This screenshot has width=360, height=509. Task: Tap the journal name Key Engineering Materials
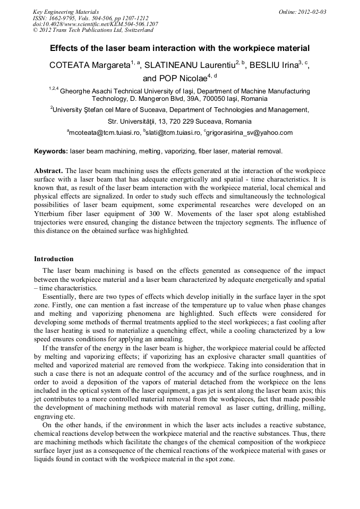tap(66, 12)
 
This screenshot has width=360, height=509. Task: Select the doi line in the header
tap(95, 24)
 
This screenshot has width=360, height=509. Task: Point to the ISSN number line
tap(90, 18)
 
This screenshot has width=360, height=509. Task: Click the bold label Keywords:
tap(51, 151)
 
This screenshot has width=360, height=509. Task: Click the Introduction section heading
tap(54, 259)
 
